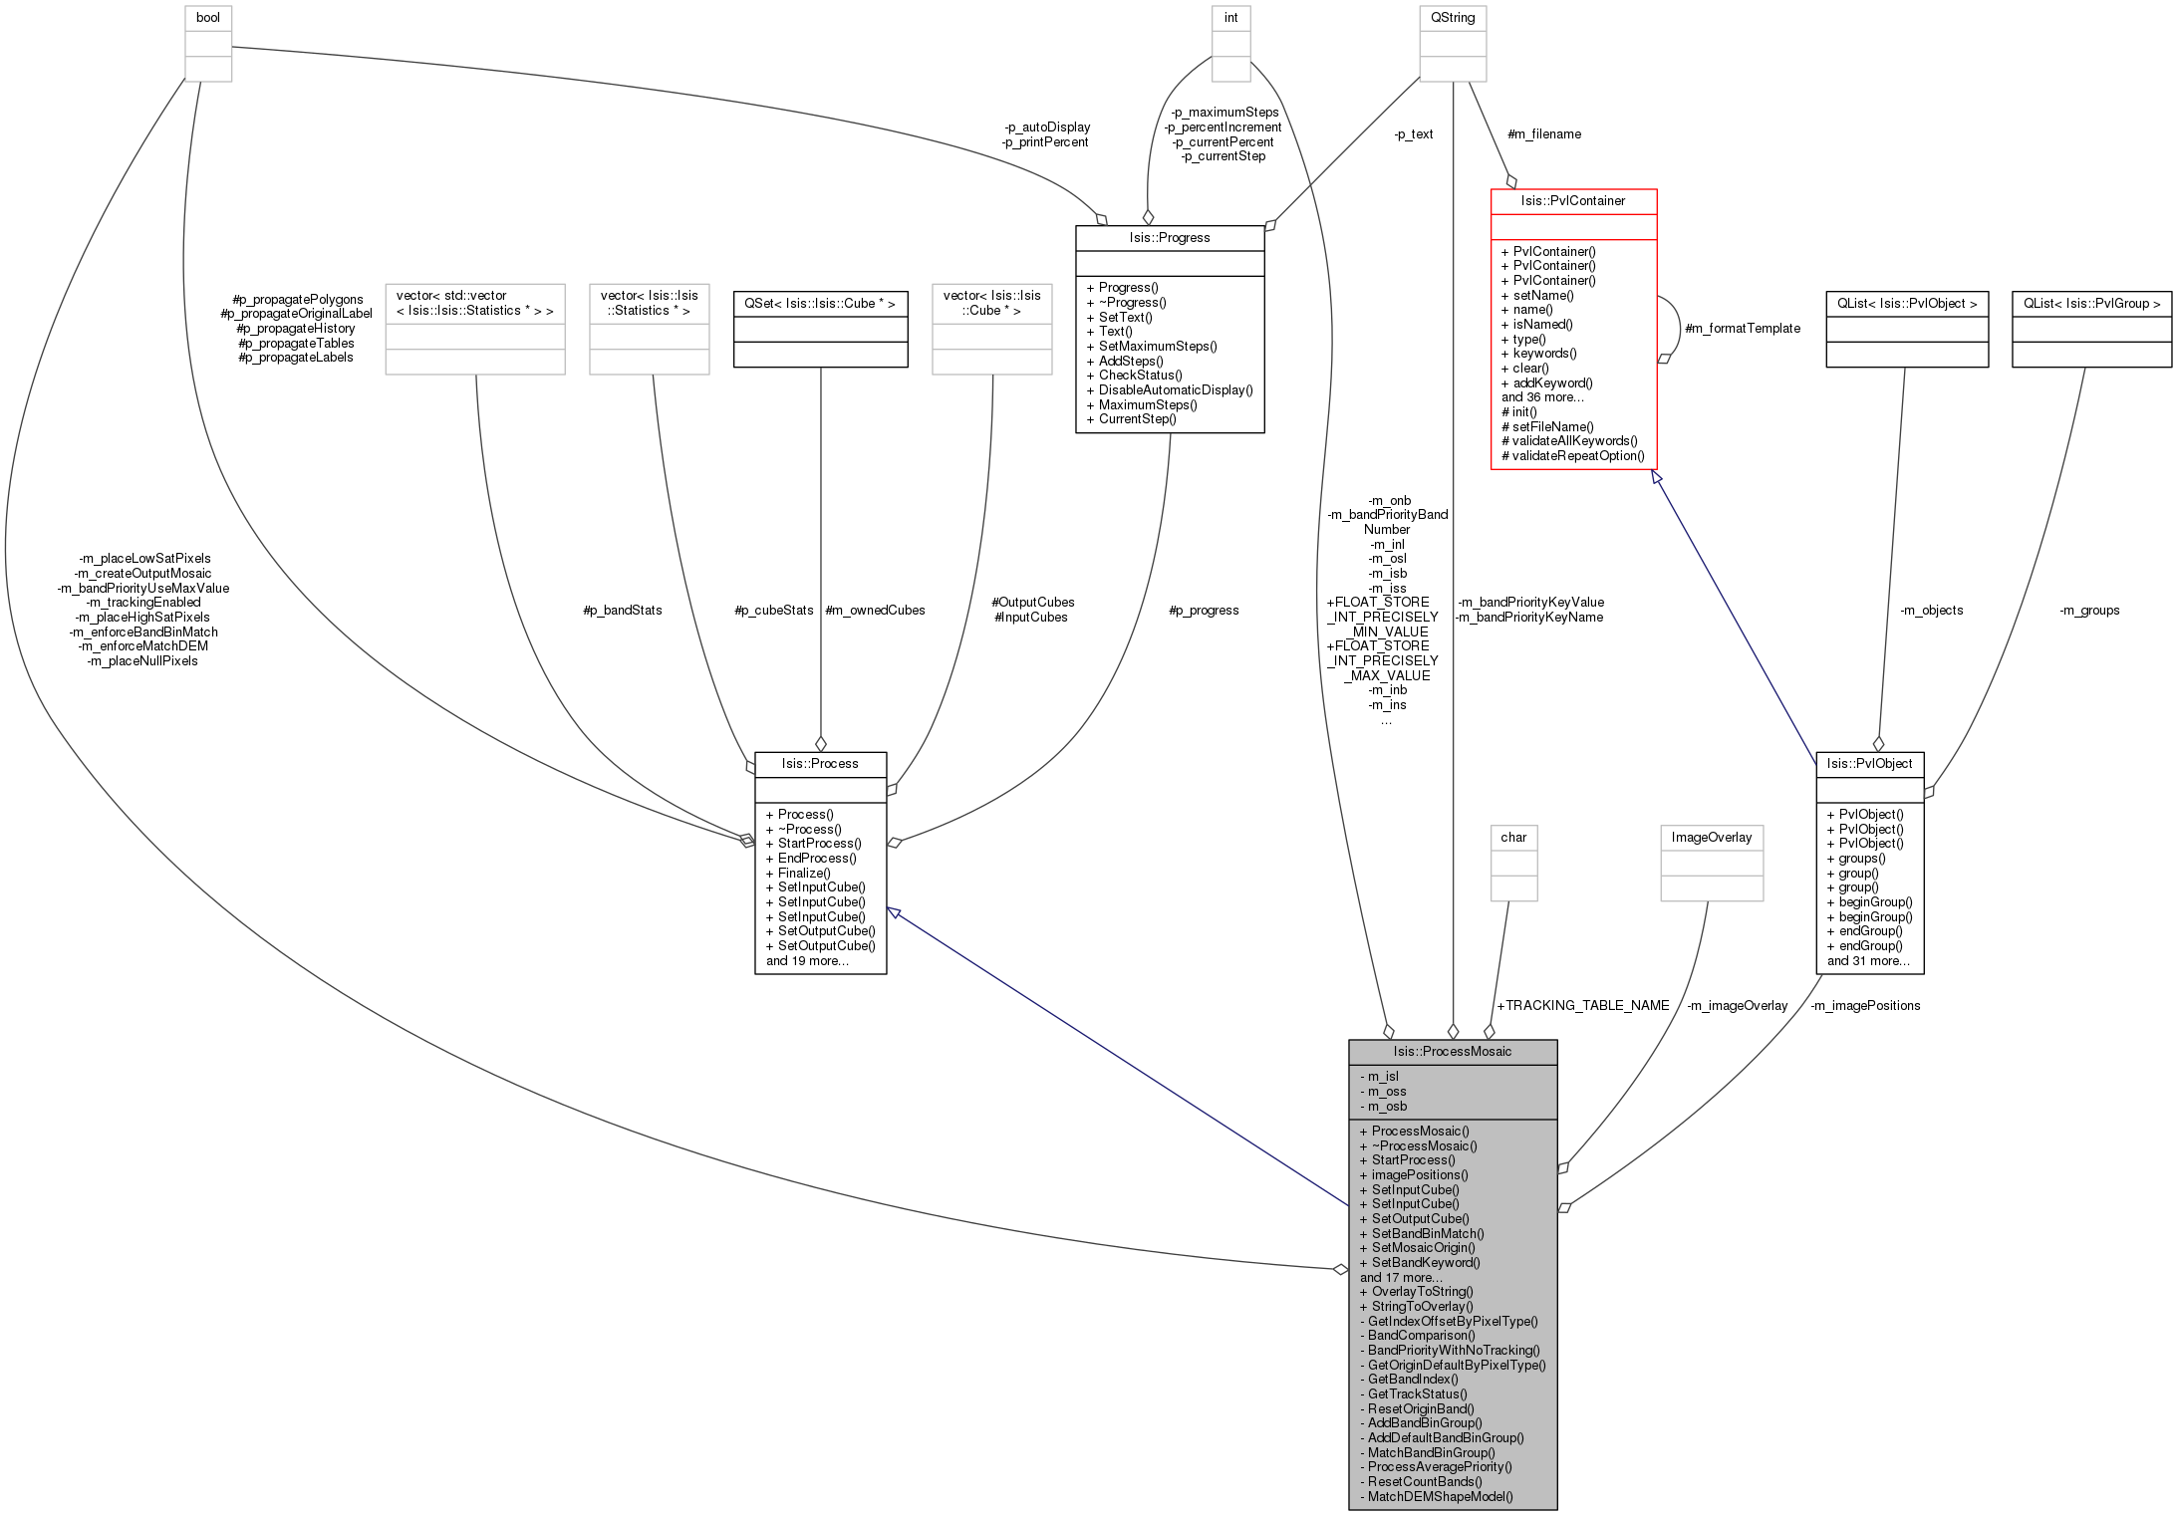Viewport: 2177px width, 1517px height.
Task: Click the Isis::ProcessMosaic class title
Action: [1452, 1052]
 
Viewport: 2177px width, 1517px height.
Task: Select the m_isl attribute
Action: [1383, 1077]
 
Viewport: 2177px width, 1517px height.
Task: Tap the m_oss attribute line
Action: [1387, 1092]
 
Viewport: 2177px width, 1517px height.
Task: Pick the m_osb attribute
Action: [1387, 1107]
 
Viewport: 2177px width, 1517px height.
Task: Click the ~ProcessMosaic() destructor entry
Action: [1424, 1145]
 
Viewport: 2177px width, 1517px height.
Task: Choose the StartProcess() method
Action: [1413, 1160]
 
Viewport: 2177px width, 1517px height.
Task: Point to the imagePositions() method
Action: [1420, 1175]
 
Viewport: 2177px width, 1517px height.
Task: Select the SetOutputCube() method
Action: [1420, 1219]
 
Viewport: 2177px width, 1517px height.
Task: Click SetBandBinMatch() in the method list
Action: [1428, 1234]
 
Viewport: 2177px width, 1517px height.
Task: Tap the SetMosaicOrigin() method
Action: [1423, 1248]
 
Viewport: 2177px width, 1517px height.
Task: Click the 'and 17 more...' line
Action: [1401, 1278]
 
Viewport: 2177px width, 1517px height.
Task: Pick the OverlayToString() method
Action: [1422, 1292]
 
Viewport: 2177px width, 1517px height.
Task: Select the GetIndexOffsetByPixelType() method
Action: [1453, 1322]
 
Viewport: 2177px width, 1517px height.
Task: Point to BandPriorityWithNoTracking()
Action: [1454, 1351]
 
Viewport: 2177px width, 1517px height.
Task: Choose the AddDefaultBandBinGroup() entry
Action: [1446, 1438]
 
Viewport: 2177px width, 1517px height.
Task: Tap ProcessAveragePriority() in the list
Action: [1440, 1467]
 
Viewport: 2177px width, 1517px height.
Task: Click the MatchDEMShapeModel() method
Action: [1440, 1496]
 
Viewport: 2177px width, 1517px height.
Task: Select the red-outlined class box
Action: [1573, 329]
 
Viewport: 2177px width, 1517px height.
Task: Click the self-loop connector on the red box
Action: [1679, 328]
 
